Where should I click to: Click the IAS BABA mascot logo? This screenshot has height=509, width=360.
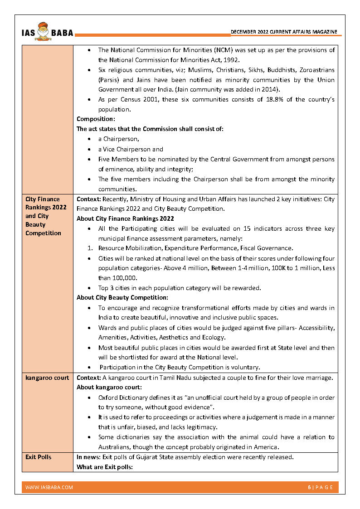pyautogui.click(x=44, y=30)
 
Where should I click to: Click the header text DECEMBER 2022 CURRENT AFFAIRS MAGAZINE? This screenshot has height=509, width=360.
pyautogui.click(x=284, y=32)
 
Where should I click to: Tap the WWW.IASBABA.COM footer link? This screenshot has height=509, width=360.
pyautogui.click(x=49, y=487)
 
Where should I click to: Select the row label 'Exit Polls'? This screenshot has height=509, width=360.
pyautogui.click(x=38, y=457)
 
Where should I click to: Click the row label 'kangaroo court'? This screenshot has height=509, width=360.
pyautogui.click(x=47, y=378)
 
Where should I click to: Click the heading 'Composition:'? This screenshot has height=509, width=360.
pyautogui.click(x=96, y=119)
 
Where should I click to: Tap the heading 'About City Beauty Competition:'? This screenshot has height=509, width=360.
pyautogui.click(x=122, y=298)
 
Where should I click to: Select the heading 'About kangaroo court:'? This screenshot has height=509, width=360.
pyautogui.click(x=109, y=388)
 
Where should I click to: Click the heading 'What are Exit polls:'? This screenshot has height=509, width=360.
pyautogui.click(x=104, y=467)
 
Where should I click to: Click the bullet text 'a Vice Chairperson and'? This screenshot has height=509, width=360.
pyautogui.click(x=131, y=149)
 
